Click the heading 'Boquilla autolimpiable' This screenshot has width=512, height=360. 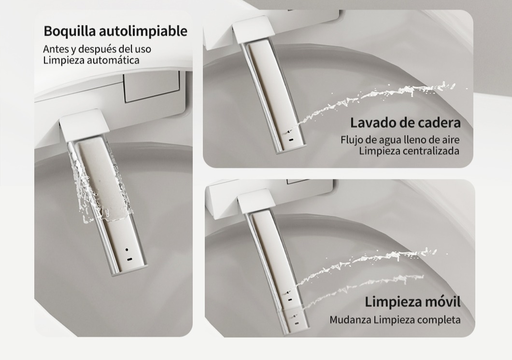pyautogui.click(x=115, y=31)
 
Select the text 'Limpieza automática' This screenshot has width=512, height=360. pyautogui.click(x=91, y=60)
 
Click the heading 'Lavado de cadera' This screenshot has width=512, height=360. pyautogui.click(x=405, y=123)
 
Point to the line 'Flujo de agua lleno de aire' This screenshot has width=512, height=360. pyautogui.click(x=400, y=140)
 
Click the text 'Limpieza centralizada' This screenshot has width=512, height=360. pyautogui.click(x=409, y=151)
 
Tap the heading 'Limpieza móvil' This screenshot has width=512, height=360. pyautogui.click(x=412, y=302)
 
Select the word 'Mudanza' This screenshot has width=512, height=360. pyautogui.click(x=350, y=320)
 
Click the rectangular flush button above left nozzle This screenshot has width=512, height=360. pyautogui.click(x=152, y=86)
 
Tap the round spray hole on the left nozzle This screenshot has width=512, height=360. pyautogui.click(x=127, y=250)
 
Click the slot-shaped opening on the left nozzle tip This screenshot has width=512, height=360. pyautogui.click(x=129, y=260)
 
